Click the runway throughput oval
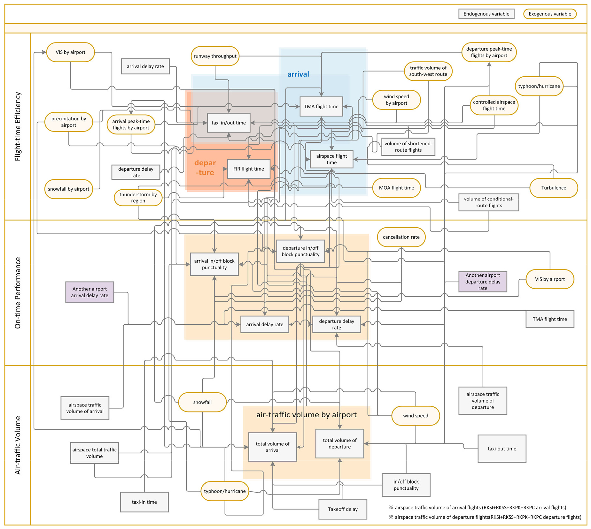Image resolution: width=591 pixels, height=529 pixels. point(215,56)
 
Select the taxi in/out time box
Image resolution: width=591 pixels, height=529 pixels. point(229,123)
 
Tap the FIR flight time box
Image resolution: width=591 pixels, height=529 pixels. point(249,169)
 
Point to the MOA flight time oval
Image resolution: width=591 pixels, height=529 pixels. point(396,188)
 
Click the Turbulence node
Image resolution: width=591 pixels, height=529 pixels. point(554,188)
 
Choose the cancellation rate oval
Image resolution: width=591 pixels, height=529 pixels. point(401,237)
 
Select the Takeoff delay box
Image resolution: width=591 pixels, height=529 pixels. point(343,509)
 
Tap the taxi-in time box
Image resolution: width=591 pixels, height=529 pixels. point(144,502)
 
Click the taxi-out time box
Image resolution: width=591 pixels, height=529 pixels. point(502,449)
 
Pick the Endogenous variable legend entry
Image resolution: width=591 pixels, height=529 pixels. point(486,14)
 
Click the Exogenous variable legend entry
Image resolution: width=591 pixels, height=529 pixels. point(550,14)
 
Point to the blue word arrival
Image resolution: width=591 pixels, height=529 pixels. point(298,74)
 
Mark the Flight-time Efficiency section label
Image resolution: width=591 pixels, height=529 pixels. point(18,126)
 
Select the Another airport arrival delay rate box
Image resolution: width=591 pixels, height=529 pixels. point(89,292)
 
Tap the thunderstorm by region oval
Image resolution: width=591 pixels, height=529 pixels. point(138,198)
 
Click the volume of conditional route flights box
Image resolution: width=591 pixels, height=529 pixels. point(488,202)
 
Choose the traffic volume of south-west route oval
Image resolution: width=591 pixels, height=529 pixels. point(428,71)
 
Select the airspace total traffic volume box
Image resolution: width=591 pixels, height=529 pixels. point(94,453)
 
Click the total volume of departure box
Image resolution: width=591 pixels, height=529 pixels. point(339,443)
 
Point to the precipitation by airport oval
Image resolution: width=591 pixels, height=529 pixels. point(69,122)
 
